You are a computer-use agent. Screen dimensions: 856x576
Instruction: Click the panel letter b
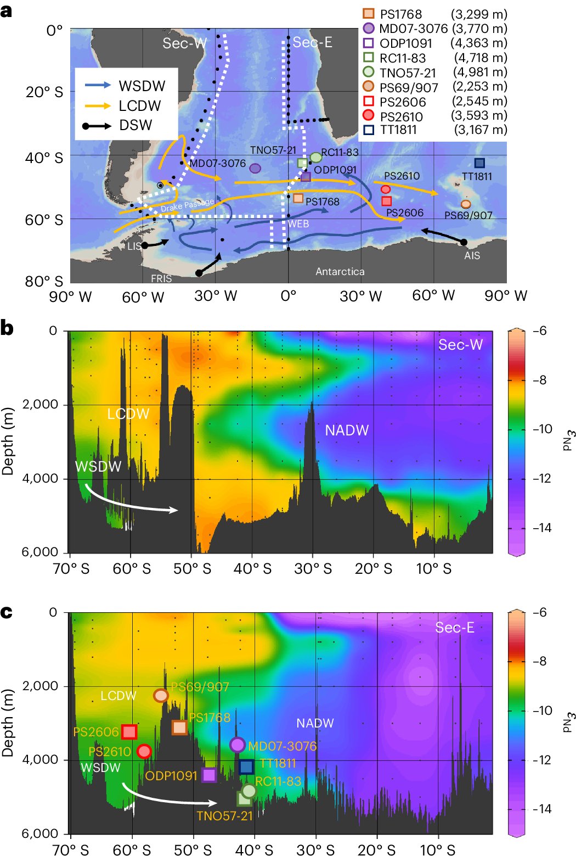point(7,328)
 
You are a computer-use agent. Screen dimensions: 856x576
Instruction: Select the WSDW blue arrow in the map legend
point(98,86)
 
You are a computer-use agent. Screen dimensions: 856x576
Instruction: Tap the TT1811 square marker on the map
point(479,163)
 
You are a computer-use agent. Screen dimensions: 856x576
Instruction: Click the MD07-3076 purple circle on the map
point(255,168)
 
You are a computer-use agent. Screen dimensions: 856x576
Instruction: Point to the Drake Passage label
point(187,205)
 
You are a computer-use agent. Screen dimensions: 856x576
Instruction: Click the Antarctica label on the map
point(340,271)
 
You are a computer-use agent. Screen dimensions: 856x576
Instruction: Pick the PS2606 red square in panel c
point(129,731)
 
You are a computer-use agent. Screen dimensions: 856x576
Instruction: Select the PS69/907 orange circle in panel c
point(161,695)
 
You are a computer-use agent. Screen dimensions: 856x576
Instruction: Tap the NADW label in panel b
point(347,430)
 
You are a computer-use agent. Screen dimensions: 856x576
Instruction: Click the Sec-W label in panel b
point(460,345)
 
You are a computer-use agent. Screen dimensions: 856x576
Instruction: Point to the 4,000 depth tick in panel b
point(39,478)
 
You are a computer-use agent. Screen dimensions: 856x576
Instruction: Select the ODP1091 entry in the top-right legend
point(406,43)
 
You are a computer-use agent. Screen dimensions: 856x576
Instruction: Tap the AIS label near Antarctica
point(472,255)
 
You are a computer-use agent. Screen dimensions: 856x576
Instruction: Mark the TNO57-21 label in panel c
point(225,816)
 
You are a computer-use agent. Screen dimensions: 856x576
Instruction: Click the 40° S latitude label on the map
point(44,158)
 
